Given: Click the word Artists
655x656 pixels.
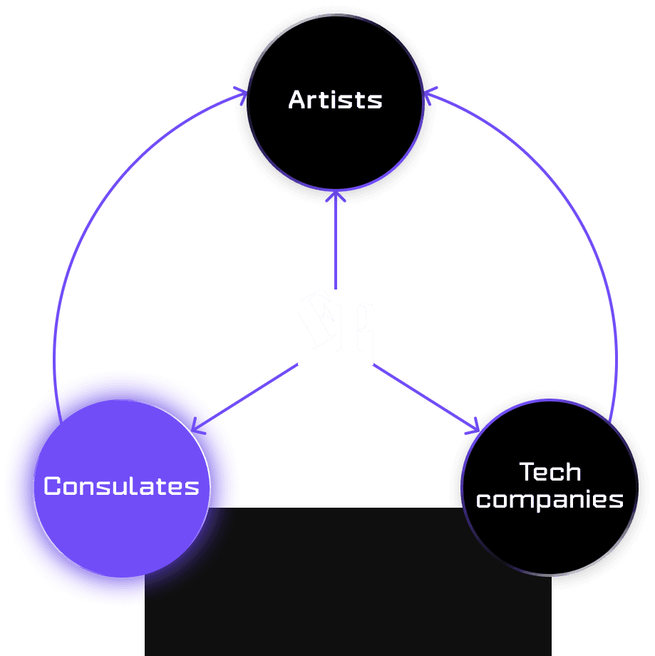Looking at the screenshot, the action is tap(335, 100).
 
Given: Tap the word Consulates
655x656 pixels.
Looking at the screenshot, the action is tap(121, 486).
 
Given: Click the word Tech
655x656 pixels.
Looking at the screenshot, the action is tap(550, 471).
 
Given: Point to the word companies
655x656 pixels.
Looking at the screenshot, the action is tap(550, 499).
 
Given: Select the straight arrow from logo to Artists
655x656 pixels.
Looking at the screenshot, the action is tap(335, 242).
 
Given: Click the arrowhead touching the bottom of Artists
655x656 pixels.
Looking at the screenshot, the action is tap(335, 195).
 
